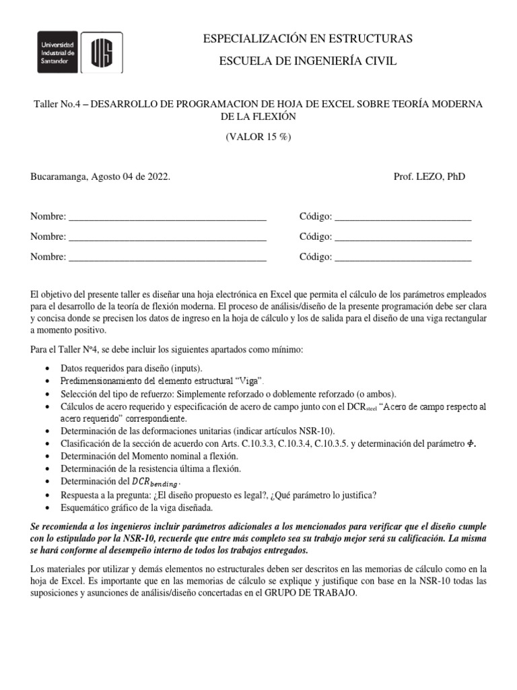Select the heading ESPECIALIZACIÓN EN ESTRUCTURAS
click(x=308, y=39)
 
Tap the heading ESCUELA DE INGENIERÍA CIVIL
click(x=308, y=62)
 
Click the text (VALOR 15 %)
click(x=258, y=137)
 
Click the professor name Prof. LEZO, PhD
click(x=429, y=177)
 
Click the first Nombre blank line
click(x=168, y=218)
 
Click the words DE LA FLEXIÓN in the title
click(x=258, y=117)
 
